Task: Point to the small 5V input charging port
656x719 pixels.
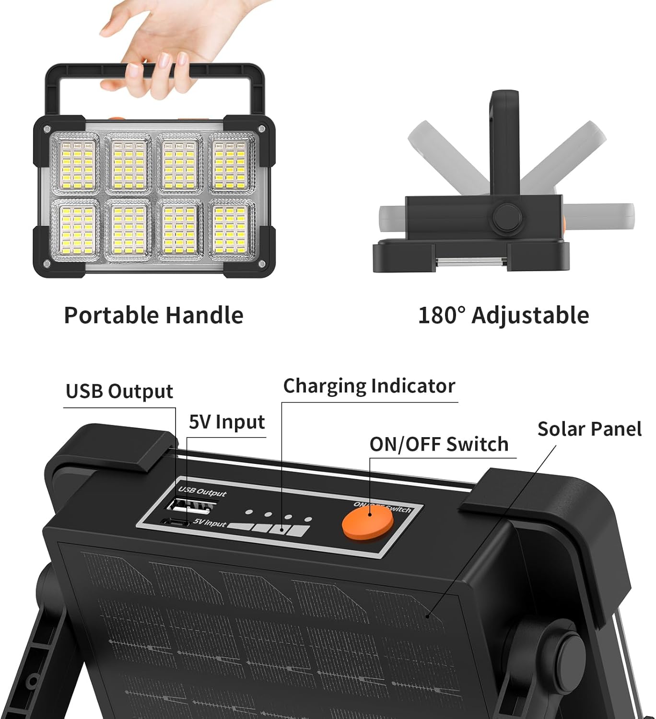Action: [x=175, y=523]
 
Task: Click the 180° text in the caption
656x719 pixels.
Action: [x=442, y=315]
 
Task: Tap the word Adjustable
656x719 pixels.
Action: [x=530, y=315]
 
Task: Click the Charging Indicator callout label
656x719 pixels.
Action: [x=369, y=386]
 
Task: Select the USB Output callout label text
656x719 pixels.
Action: [x=119, y=391]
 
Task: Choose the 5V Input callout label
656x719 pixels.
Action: [x=227, y=422]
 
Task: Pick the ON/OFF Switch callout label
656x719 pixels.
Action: [x=439, y=444]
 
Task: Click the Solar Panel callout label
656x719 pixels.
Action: [x=589, y=429]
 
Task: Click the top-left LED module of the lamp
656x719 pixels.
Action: [x=77, y=163]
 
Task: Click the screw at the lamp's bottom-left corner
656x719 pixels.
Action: [x=47, y=264]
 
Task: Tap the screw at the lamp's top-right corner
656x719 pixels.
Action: [x=262, y=128]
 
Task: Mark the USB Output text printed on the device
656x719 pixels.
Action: [x=202, y=492]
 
